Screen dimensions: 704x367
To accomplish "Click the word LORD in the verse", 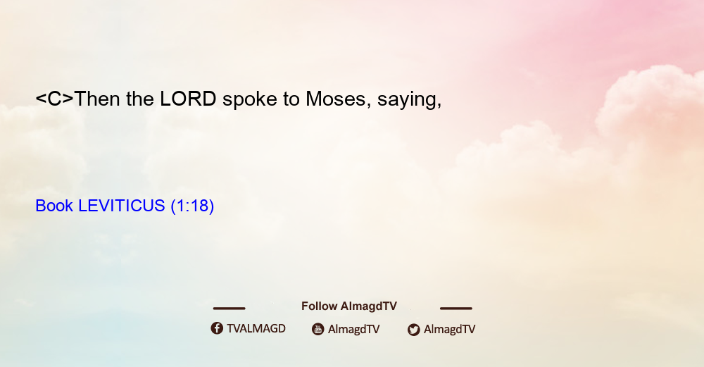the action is pos(188,99).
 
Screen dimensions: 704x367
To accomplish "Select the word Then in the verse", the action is pos(96,99).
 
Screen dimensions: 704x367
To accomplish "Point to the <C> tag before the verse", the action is pos(54,99).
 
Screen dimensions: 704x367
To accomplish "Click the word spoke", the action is pos(250,100).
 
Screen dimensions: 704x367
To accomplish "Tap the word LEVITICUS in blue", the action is pos(122,206).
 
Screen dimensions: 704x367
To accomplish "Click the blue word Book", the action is pos(54,206).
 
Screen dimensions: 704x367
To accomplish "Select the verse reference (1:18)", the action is pos(193,206).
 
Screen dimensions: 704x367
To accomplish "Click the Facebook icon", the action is pos(217,328).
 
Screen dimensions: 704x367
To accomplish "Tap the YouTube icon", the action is pos(318,329).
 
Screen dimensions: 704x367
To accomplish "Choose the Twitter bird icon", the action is pos(413,330).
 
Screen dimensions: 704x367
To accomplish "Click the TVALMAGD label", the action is pos(256,329).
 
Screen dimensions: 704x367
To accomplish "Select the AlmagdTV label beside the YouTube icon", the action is pos(354,330).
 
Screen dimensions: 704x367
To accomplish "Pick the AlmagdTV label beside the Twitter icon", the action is pos(449,330).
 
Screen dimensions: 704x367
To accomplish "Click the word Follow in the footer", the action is pos(319,306).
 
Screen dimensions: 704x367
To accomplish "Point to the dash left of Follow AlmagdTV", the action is pos(229,309).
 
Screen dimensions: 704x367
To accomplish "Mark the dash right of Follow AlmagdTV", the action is pos(456,309).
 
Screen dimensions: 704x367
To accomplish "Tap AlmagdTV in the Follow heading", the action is pos(369,306).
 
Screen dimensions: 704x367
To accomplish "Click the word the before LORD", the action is pos(140,99).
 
